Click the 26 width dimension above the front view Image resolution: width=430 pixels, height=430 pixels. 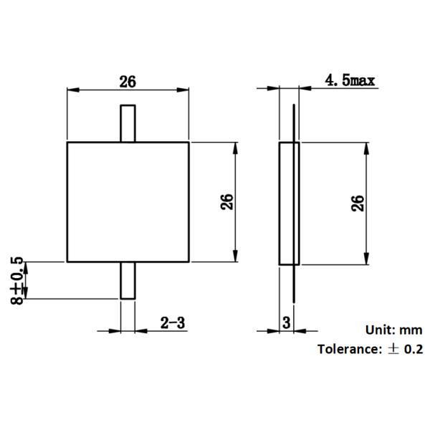tap(128, 81)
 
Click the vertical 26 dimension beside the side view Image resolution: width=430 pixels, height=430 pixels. tap(358, 202)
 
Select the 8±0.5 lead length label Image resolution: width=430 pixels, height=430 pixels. tap(18, 280)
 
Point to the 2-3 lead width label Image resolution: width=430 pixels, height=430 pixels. tap(173, 323)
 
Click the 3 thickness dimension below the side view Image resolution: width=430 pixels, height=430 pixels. tap(287, 323)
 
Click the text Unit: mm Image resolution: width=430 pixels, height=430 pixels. tap(394, 330)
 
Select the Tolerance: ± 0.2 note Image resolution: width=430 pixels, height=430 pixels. tap(371, 349)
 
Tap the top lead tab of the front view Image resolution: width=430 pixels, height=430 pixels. tap(128, 123)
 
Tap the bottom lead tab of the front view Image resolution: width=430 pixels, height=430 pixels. tap(128, 280)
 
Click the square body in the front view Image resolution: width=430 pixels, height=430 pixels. tap(128, 202)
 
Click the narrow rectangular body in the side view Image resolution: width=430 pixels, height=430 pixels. tap(288, 203)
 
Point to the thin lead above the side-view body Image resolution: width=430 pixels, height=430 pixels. tap(295, 122)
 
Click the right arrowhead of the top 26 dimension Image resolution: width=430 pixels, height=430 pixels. tap(185, 89)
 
